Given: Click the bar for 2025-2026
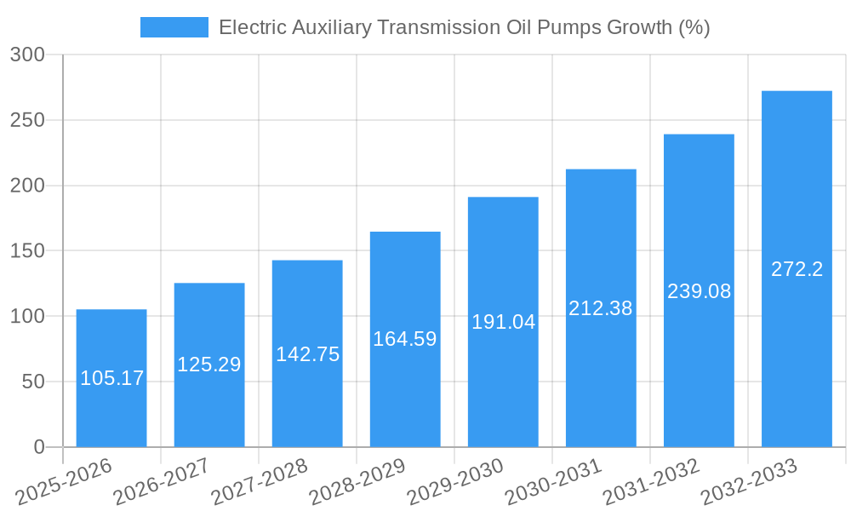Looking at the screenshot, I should [x=111, y=378].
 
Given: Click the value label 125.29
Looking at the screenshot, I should [x=209, y=365].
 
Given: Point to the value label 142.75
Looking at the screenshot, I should [x=307, y=354].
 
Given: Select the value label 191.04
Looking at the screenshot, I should [x=503, y=322].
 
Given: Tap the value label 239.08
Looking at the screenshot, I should [x=699, y=291].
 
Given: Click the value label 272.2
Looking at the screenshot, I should [x=797, y=269].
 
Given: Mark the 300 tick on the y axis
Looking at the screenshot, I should [x=27, y=55].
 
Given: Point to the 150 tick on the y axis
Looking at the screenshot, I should [x=27, y=251].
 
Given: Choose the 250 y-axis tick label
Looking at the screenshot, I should [x=27, y=121].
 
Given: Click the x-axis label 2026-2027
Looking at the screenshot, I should [x=162, y=480].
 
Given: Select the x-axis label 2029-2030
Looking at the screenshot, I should [x=455, y=480].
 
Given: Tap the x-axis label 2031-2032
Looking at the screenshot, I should [x=651, y=480].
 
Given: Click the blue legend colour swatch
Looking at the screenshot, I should [x=174, y=27].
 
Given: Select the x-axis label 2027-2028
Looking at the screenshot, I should [x=260, y=480].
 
